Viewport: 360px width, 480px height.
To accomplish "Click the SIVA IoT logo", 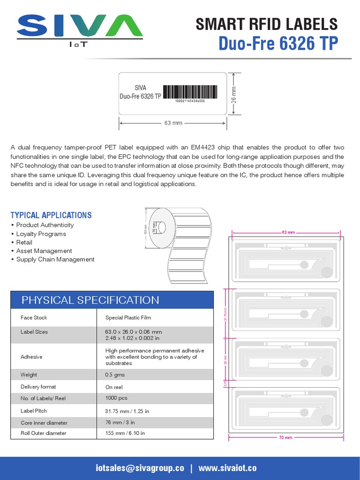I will [80, 31].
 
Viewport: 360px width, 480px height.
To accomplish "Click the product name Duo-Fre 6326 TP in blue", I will [278, 43].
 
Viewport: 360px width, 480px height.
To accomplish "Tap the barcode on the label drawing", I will [190, 92].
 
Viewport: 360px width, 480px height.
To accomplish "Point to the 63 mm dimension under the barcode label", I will [173, 123].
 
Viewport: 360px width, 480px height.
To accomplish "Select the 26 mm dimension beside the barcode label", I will [234, 94].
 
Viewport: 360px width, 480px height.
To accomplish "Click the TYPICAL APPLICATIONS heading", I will [51, 215].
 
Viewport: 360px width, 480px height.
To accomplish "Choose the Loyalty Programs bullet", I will [41, 234].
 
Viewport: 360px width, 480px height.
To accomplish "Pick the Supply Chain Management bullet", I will [55, 259].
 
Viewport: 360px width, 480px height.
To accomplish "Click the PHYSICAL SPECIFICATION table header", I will [90, 300].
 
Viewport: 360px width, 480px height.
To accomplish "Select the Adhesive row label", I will [31, 357].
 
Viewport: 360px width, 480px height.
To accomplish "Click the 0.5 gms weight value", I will [114, 375].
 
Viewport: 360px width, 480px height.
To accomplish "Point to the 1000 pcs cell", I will [116, 398].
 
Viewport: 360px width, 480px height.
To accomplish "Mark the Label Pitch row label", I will [34, 411].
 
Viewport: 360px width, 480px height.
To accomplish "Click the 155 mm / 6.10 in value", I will [125, 433].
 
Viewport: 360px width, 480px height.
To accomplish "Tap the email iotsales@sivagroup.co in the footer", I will [140, 468].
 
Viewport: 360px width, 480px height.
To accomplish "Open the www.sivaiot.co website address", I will [227, 468].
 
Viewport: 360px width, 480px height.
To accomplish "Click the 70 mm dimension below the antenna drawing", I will [285, 437].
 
